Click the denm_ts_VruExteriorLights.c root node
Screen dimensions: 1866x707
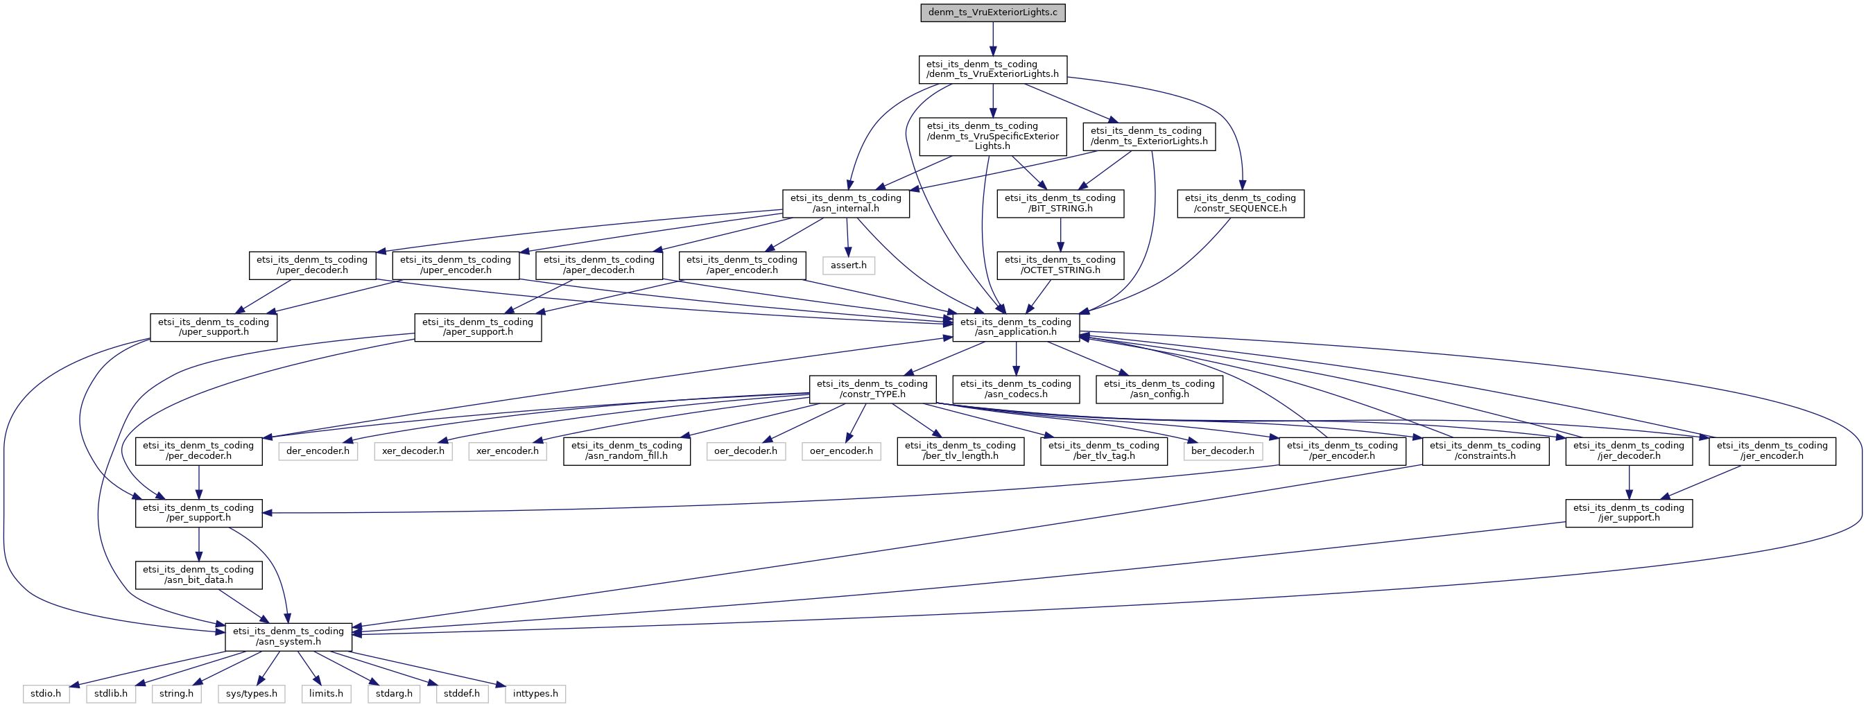point(992,13)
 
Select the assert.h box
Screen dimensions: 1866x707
point(848,265)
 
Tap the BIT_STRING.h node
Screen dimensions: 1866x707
point(1060,204)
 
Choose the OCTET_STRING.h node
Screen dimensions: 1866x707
point(1060,265)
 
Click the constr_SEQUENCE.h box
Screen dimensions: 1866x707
point(1240,204)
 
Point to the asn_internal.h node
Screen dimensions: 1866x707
point(846,204)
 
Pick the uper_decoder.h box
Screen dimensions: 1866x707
point(312,265)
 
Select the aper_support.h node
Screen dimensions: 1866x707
point(477,327)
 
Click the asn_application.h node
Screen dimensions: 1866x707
point(1016,327)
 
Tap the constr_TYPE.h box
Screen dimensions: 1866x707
point(872,389)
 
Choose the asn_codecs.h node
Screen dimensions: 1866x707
point(1016,389)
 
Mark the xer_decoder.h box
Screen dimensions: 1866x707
point(413,451)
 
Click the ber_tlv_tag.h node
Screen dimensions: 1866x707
point(1104,451)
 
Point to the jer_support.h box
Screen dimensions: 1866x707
point(1629,513)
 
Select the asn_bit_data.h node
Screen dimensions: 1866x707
point(198,575)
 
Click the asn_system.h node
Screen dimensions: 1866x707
point(288,637)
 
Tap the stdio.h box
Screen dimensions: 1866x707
point(46,694)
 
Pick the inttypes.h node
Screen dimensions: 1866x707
point(535,694)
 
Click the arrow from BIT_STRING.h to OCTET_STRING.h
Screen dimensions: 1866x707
point(1060,235)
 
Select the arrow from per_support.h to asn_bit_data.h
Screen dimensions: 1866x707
point(198,544)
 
